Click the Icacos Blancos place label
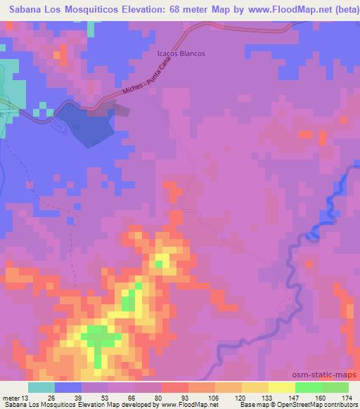point(181,53)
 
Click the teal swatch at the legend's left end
point(41,387)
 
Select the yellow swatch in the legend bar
point(281,387)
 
